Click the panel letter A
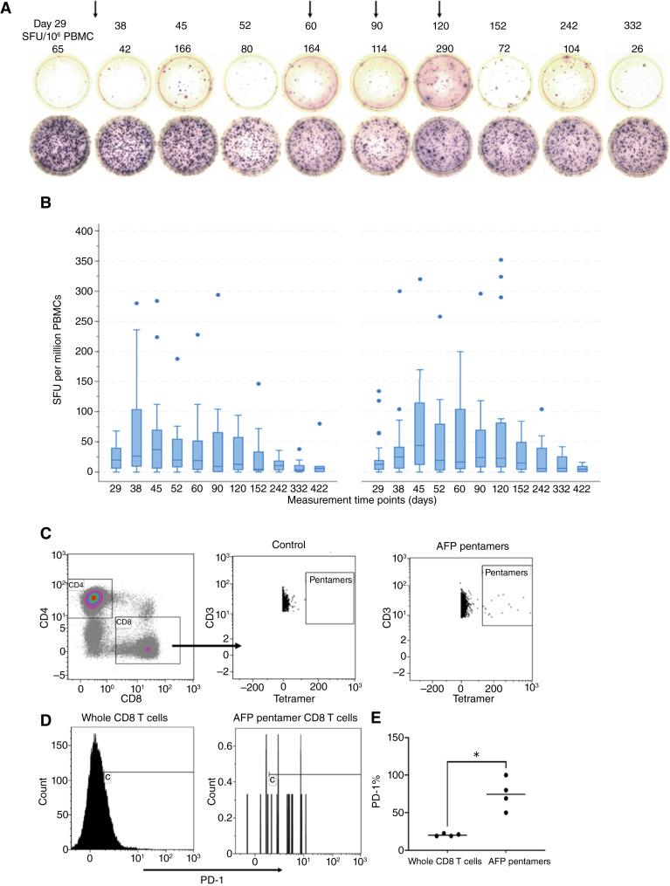coord(8,8)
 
